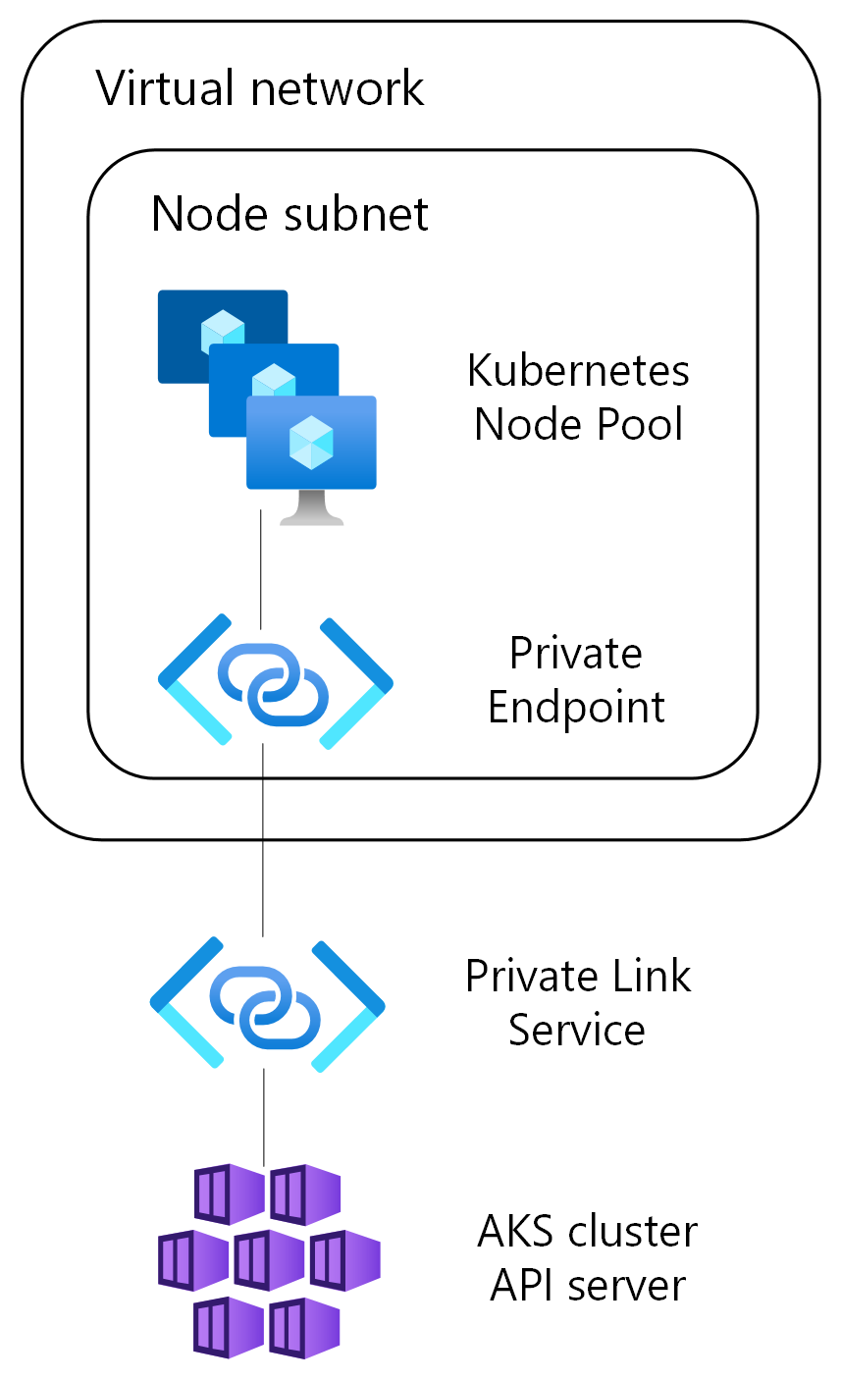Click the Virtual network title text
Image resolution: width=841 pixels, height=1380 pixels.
[x=260, y=88]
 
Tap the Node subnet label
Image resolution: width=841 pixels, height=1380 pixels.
[x=289, y=213]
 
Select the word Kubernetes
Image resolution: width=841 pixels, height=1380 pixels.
[x=578, y=371]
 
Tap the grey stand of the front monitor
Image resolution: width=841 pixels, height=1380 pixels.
[x=311, y=507]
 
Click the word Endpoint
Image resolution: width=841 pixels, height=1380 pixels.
[x=576, y=707]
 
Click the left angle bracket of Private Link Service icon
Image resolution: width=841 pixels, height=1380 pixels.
[x=186, y=1003]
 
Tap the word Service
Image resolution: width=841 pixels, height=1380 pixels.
[x=576, y=1030]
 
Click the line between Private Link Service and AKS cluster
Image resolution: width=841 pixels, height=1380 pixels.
[x=264, y=1114]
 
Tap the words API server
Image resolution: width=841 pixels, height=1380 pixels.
[x=587, y=1284]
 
